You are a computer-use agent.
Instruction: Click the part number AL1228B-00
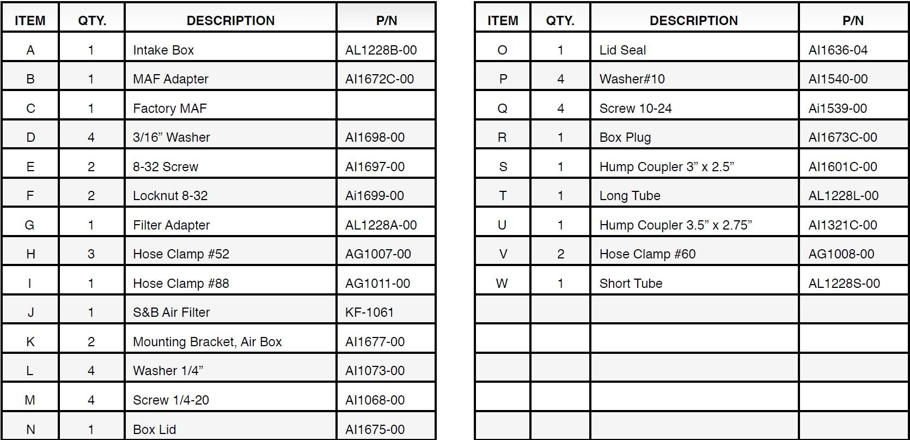point(381,50)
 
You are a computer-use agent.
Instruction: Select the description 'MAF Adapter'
point(170,79)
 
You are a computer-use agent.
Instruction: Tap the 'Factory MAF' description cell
point(169,109)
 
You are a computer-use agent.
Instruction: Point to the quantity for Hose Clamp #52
point(91,254)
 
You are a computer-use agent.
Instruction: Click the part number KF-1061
point(369,312)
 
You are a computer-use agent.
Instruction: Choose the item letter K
point(30,342)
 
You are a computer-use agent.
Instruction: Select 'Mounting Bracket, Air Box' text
point(207,342)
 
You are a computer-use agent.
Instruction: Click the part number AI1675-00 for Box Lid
point(375,430)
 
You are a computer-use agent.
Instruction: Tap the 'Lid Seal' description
point(622,50)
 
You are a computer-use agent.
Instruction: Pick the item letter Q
point(502,109)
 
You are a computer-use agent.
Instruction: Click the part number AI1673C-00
point(842,137)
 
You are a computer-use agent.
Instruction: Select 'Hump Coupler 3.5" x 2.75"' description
point(675,225)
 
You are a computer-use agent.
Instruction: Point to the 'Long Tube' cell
point(630,196)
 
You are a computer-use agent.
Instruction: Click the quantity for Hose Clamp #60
point(560,254)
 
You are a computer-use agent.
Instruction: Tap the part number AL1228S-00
point(844,284)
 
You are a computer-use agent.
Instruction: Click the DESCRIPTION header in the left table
point(230,21)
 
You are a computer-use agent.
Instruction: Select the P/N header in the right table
point(853,21)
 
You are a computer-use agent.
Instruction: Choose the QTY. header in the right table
point(560,21)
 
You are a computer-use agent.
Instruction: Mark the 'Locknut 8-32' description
point(170,196)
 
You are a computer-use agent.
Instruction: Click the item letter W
point(502,284)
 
